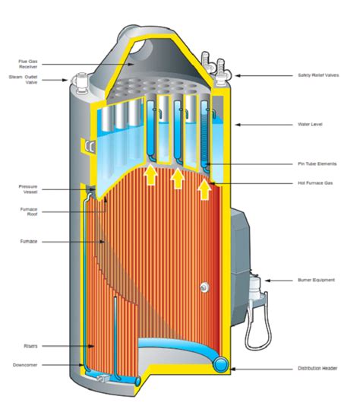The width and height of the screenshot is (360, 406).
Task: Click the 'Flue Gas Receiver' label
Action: coord(28,64)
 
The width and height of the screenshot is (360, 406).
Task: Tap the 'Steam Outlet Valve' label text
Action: coord(24,80)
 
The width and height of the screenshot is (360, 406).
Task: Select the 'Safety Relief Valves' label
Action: coord(318,75)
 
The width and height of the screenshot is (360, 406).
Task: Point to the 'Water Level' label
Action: coord(310,124)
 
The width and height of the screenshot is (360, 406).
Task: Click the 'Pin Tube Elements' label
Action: coord(317,163)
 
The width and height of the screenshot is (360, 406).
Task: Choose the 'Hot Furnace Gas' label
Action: coord(315,182)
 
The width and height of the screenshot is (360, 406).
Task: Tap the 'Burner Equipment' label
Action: coord(316,280)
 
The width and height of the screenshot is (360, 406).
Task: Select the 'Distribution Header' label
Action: coord(317,368)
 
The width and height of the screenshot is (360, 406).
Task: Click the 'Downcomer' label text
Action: coord(25,365)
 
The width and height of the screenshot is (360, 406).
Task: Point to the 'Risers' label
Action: coord(30,346)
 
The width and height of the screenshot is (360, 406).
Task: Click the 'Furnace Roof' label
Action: coord(29,211)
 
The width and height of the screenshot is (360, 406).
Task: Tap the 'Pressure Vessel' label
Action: coord(28,189)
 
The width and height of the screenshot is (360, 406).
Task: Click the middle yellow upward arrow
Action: coord(178,179)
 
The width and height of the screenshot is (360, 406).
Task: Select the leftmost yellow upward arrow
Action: coord(151,176)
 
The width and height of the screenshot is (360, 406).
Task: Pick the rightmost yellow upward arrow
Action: coord(204,189)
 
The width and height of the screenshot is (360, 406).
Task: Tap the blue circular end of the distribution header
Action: coord(220,364)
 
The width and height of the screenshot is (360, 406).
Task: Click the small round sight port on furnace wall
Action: coord(204,287)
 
